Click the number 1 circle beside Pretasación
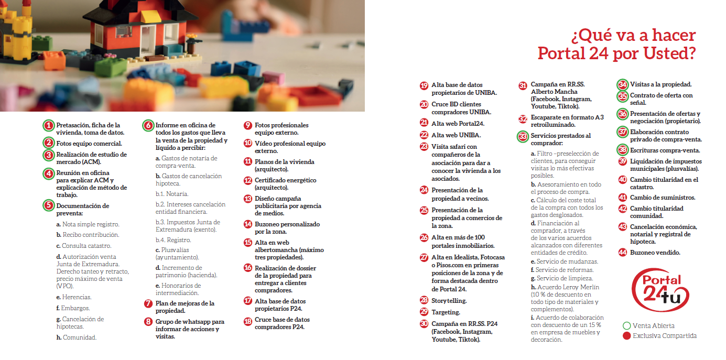coord(48,126)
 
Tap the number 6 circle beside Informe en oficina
coord(148,126)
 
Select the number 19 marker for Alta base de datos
coord(424,86)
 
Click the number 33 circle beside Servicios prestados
coord(523,136)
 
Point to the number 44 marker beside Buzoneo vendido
coord(622,253)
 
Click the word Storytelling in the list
coord(449,301)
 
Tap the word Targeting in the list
coord(446,312)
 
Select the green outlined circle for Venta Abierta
coord(626,325)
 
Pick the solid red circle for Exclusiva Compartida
coord(626,336)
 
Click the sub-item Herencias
coord(77,297)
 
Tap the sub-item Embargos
coord(75,308)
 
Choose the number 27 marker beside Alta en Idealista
coord(424,258)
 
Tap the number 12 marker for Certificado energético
coord(248,180)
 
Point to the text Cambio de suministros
coord(663,198)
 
